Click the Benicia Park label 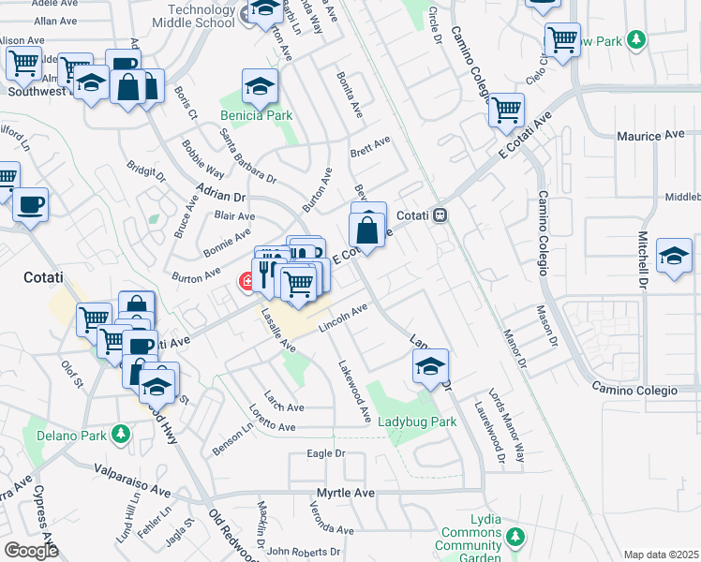[256, 115]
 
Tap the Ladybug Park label [417, 421]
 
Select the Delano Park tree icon [120, 434]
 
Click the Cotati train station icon [440, 215]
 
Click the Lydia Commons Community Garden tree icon [514, 537]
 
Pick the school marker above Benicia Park [261, 87]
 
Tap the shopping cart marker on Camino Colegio [506, 110]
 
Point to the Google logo [31, 551]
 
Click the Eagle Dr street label [326, 454]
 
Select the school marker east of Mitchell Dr [674, 256]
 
